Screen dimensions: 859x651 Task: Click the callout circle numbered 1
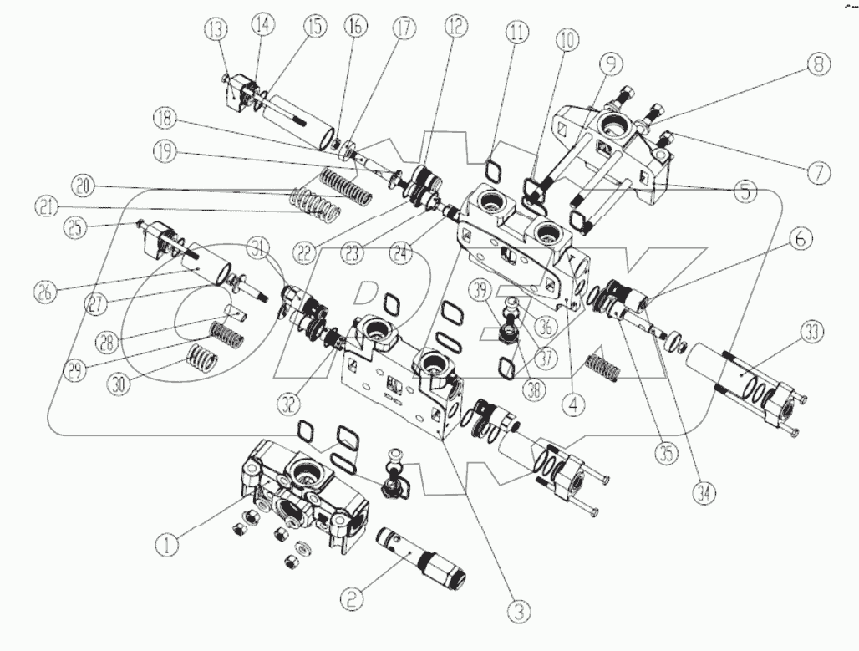pyautogui.click(x=167, y=546)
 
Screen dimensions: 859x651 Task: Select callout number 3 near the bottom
pyautogui.click(x=520, y=612)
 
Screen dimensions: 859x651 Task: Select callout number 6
pyautogui.click(x=800, y=237)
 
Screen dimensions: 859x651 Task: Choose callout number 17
pyautogui.click(x=405, y=28)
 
